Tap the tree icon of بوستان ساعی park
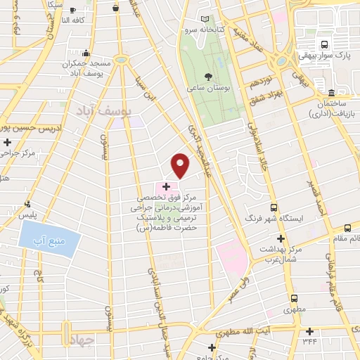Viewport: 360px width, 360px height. [x=209, y=77]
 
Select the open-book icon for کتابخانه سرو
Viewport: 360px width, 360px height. [x=205, y=19]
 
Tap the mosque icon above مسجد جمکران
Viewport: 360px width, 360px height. [x=86, y=52]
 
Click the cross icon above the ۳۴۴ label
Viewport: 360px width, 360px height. [x=310, y=331]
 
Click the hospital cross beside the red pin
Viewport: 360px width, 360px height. [x=166, y=186]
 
